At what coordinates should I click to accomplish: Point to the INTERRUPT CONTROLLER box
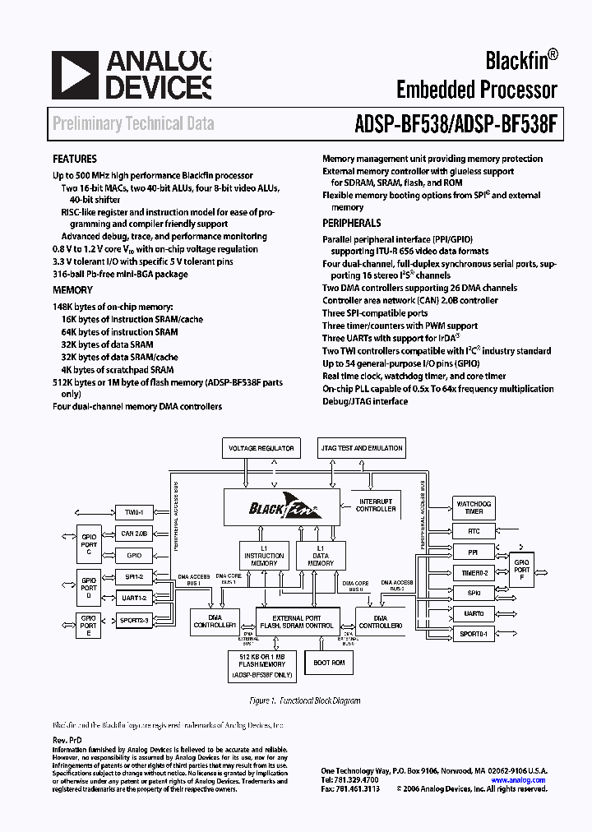(376, 505)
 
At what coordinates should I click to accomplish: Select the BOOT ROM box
(330, 662)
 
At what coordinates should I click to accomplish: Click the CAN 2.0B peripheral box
(135, 534)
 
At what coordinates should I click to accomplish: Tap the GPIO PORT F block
(522, 569)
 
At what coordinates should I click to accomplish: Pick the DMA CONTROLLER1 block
(215, 621)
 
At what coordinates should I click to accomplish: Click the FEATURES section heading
(75, 159)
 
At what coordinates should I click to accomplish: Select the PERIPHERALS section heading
(351, 223)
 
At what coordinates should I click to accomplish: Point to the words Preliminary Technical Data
(133, 124)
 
